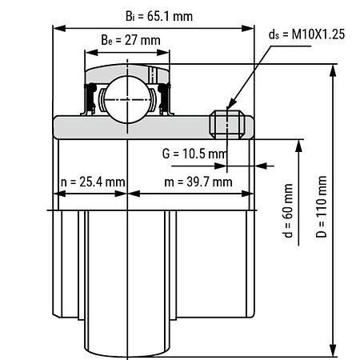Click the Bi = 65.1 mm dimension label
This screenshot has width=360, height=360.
[159, 16]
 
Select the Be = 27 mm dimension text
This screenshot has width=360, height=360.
[130, 40]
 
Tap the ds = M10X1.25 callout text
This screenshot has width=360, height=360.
[306, 34]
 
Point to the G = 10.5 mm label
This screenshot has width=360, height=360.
[194, 154]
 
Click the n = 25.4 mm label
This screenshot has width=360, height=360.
[93, 182]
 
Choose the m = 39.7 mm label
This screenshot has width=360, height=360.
[198, 182]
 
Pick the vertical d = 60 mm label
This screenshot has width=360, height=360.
[288, 210]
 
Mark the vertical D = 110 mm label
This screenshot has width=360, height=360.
[322, 206]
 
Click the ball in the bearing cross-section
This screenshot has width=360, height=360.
[127, 99]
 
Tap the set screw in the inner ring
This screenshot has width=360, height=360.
[227, 125]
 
